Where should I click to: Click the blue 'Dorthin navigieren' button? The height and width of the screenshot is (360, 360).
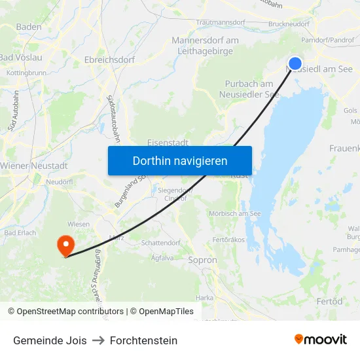click(180, 160)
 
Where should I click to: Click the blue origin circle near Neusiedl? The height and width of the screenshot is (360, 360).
click(295, 63)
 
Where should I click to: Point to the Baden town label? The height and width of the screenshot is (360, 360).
click(29, 27)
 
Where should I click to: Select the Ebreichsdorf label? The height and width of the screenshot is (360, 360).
click(109, 60)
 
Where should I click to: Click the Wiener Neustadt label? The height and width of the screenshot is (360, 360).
click(34, 166)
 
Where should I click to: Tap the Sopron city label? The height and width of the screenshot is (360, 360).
click(202, 260)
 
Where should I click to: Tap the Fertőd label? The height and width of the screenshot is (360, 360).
click(329, 301)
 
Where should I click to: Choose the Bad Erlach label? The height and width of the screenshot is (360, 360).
click(20, 232)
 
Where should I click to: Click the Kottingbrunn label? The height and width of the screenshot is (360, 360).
click(26, 73)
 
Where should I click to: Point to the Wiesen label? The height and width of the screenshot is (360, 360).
click(79, 224)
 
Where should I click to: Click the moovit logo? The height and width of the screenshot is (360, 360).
click(321, 339)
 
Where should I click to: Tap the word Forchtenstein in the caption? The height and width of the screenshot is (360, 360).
click(143, 340)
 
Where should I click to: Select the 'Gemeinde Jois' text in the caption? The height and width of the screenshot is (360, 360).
click(50, 340)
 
